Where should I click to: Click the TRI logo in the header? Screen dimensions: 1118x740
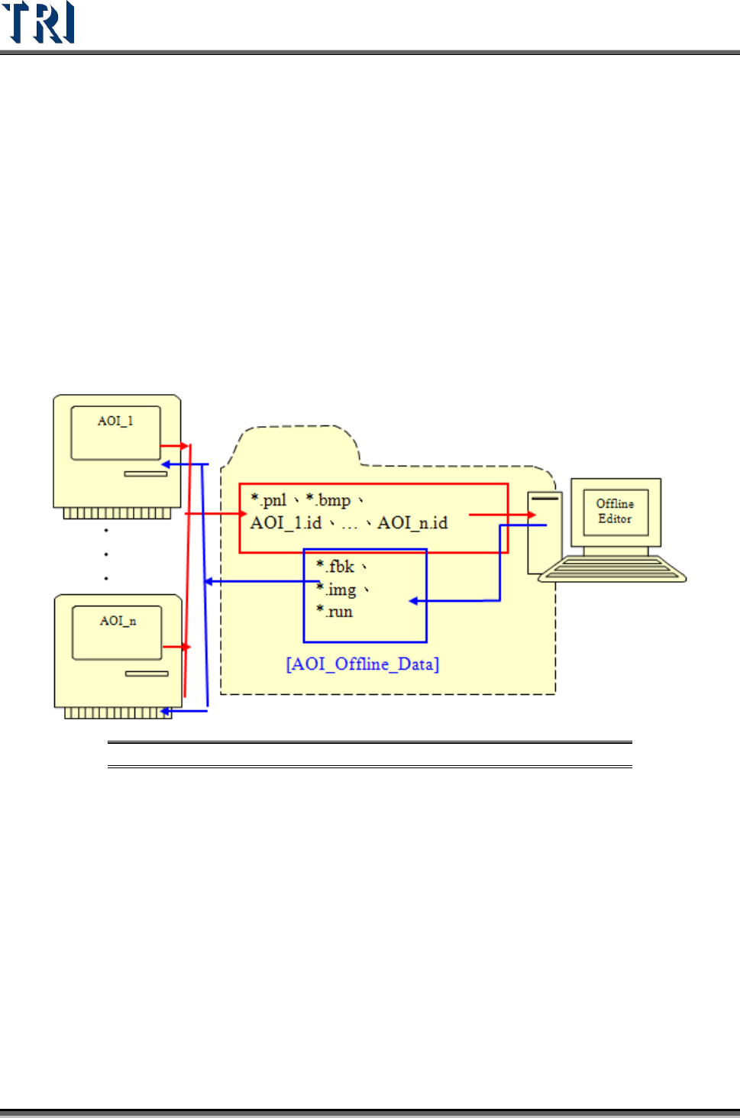pyautogui.click(x=38, y=22)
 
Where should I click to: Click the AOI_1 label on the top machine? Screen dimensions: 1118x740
pyautogui.click(x=115, y=421)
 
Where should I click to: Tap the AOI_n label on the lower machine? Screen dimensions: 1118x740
pyautogui.click(x=118, y=621)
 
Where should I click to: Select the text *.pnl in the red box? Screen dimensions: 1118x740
pyautogui.click(x=269, y=500)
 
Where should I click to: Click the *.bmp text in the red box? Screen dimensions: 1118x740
pyautogui.click(x=328, y=500)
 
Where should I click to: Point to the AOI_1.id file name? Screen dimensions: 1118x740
pyautogui.click(x=286, y=523)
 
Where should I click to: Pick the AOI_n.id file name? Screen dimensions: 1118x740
pyautogui.click(x=412, y=523)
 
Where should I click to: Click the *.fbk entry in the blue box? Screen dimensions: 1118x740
pyautogui.click(x=335, y=567)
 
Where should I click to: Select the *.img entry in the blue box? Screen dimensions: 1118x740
pyautogui.click(x=337, y=590)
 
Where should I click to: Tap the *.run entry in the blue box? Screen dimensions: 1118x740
pyautogui.click(x=335, y=612)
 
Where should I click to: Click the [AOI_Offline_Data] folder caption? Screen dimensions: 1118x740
pyautogui.click(x=363, y=664)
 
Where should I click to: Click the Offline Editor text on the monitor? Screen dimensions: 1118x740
pyautogui.click(x=615, y=511)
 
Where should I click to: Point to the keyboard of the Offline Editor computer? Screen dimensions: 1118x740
pyautogui.click(x=612, y=570)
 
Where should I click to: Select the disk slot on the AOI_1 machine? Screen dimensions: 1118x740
pyautogui.click(x=146, y=473)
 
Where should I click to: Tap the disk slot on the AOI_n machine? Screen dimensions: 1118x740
pyautogui.click(x=147, y=674)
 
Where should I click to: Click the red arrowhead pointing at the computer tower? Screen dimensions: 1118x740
pyautogui.click(x=532, y=515)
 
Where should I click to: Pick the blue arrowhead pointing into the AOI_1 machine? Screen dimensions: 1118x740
pyautogui.click(x=165, y=464)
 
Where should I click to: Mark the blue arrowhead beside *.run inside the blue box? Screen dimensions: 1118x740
pyautogui.click(x=413, y=601)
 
